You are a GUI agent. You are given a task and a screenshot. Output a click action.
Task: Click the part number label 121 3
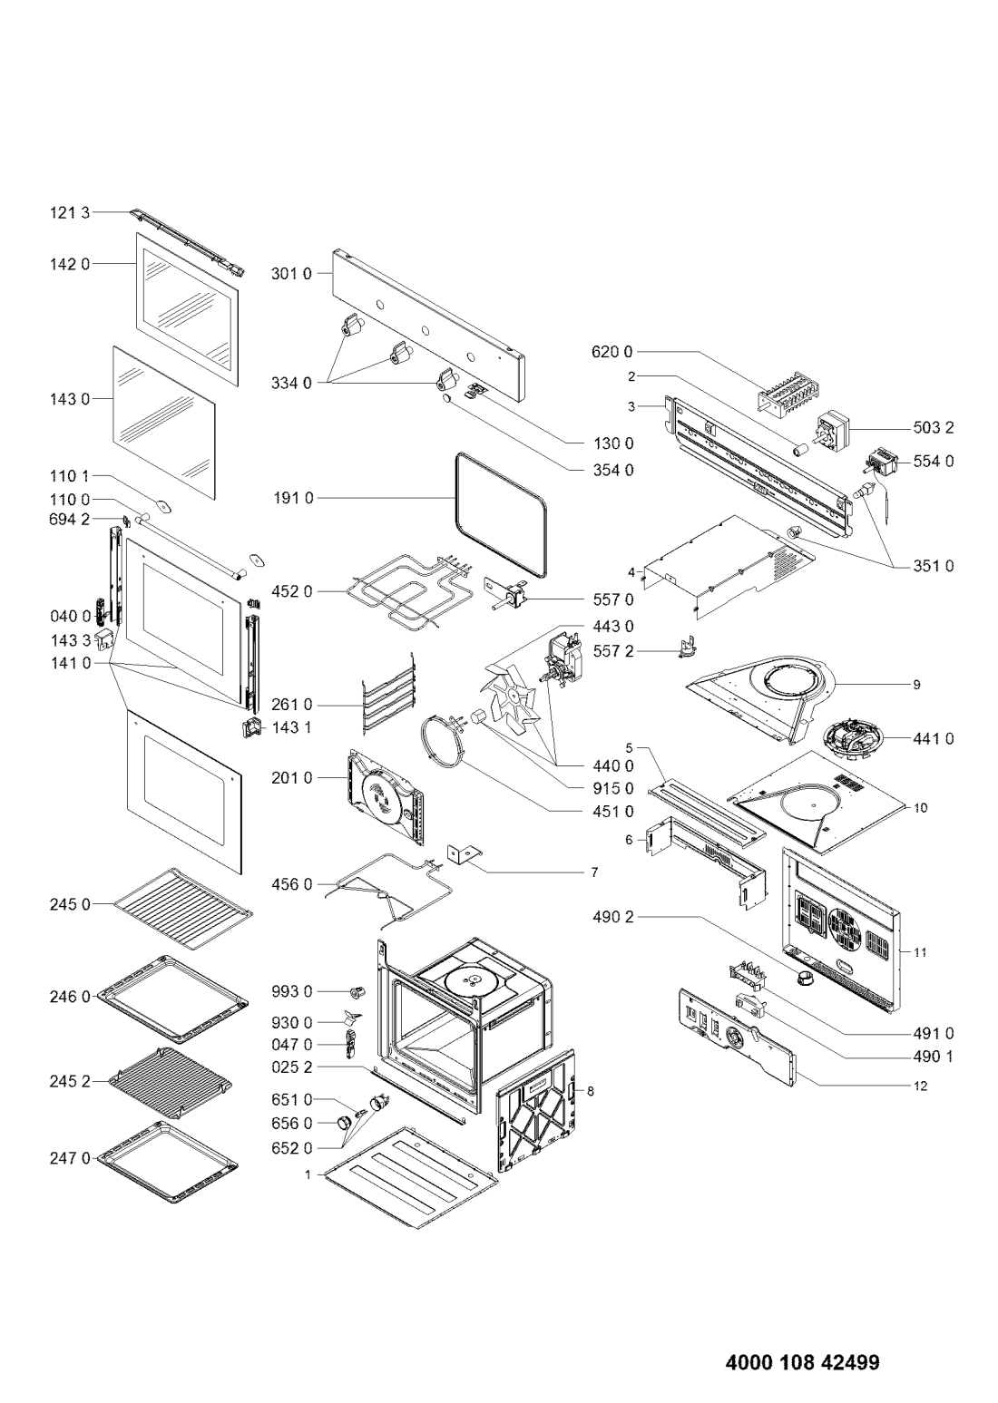(70, 213)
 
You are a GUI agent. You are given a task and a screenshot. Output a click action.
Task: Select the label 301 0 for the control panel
(291, 274)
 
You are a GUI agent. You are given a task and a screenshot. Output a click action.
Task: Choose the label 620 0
(612, 352)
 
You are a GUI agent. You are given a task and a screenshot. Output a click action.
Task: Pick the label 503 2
(934, 428)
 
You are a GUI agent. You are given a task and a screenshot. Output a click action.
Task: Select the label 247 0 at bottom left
(70, 1159)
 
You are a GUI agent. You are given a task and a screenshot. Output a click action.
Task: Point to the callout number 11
(920, 952)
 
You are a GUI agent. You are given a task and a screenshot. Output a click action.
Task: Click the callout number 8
(590, 1092)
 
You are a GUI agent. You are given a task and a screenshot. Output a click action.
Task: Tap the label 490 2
(613, 918)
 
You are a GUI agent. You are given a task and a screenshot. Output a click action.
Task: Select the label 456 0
(291, 884)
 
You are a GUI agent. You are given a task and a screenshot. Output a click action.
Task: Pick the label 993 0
(291, 992)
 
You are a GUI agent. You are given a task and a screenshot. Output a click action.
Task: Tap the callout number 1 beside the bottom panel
(308, 1175)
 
